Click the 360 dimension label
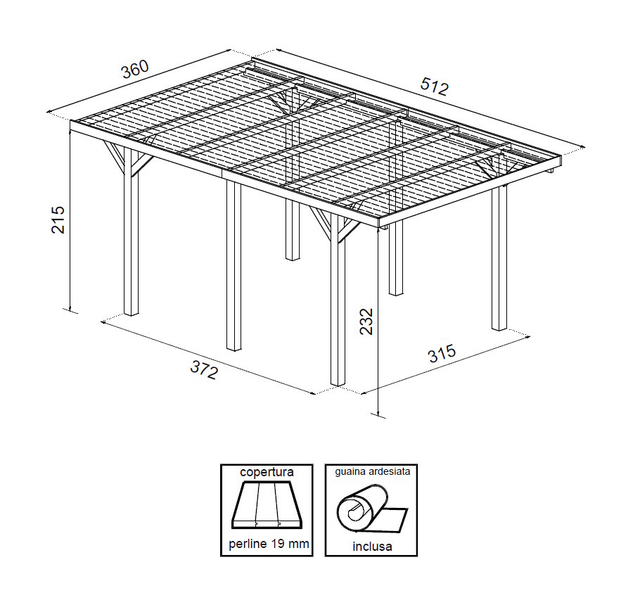[x=135, y=70]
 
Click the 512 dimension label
[x=435, y=87]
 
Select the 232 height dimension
[x=366, y=321]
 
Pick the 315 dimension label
[x=442, y=354]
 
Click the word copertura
[x=267, y=472]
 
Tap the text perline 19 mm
[x=269, y=544]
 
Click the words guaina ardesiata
[x=372, y=472]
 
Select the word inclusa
[x=372, y=547]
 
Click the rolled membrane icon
[x=371, y=508]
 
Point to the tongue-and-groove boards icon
[x=267, y=504]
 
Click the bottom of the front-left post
[x=132, y=313]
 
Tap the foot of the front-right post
[x=338, y=383]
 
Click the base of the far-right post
[x=499, y=328]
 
